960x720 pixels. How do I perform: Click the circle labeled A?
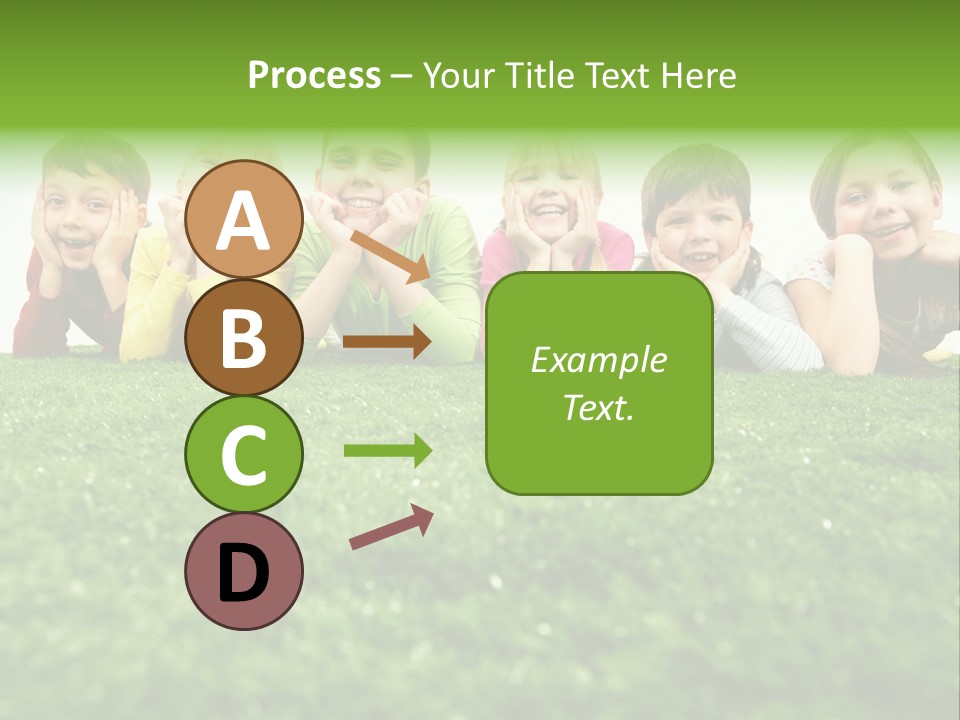pos(243,219)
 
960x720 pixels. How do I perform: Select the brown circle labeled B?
pos(243,337)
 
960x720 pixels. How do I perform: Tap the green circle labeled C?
pos(243,454)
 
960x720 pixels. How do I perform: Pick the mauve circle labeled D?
pos(243,571)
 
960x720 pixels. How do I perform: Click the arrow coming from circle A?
pos(389,256)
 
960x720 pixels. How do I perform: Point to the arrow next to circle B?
pos(386,341)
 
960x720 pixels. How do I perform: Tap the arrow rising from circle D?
pos(391,527)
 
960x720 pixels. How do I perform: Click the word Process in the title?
pos(314,75)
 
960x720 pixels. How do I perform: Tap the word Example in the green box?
pos(598,360)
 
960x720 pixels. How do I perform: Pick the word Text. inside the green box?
pos(598,407)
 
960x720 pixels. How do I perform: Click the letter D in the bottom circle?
pos(243,573)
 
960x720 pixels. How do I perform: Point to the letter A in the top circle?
pos(243,221)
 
